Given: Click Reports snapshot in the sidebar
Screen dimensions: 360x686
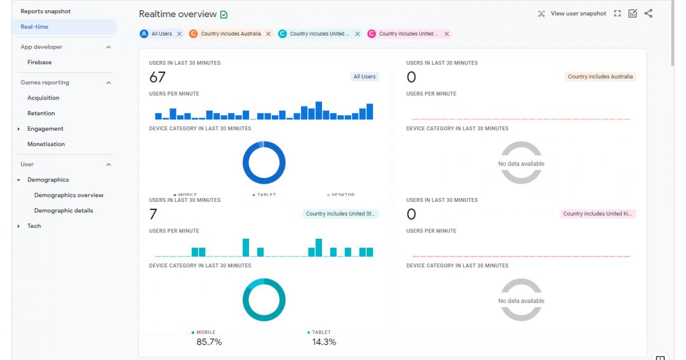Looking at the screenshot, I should click(x=46, y=11).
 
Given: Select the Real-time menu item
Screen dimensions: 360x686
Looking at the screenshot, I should click(x=34, y=27).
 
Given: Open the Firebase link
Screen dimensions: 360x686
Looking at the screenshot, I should click(x=39, y=62).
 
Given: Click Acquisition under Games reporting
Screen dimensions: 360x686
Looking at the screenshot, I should click(x=43, y=98).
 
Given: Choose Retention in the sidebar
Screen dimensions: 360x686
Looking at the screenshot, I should click(x=41, y=113).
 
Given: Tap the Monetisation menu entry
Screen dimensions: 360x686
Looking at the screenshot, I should click(x=46, y=144).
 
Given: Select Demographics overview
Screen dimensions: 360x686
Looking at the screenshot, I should click(x=69, y=195).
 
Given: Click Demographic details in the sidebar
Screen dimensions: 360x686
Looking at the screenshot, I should click(x=64, y=210).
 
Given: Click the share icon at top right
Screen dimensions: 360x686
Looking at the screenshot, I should click(x=648, y=13).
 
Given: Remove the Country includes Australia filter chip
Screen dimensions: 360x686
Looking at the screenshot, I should click(x=268, y=34).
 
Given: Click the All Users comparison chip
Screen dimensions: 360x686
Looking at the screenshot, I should click(x=161, y=34).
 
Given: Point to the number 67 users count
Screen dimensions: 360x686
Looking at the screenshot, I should click(x=158, y=77).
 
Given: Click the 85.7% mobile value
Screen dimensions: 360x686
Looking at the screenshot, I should click(x=209, y=342).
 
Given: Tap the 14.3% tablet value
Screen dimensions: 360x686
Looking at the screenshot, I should click(x=324, y=342).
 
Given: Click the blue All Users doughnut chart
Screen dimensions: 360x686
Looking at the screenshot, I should click(x=264, y=163).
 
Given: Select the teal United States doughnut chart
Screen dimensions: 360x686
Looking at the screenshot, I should click(x=264, y=300).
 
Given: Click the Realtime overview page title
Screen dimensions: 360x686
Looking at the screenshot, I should click(x=178, y=14).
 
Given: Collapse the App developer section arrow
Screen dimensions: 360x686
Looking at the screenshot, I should click(x=108, y=47).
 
